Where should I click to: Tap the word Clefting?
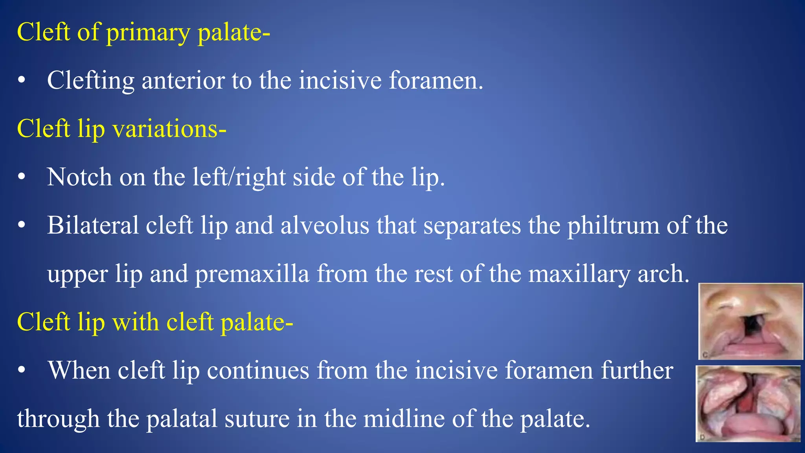tap(90, 81)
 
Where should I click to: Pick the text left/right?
tap(239, 177)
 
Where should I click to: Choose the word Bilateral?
tap(93, 226)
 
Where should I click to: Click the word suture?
tap(257, 419)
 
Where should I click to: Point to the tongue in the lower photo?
tap(747, 427)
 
